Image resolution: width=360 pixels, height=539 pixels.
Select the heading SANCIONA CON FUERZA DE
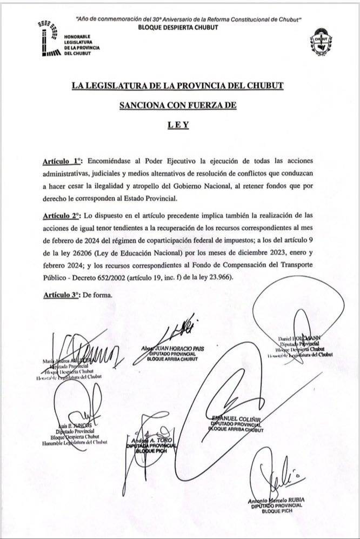click(x=178, y=106)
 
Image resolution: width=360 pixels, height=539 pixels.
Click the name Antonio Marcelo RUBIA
click(x=276, y=500)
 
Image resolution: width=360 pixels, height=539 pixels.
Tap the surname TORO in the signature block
click(x=162, y=440)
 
